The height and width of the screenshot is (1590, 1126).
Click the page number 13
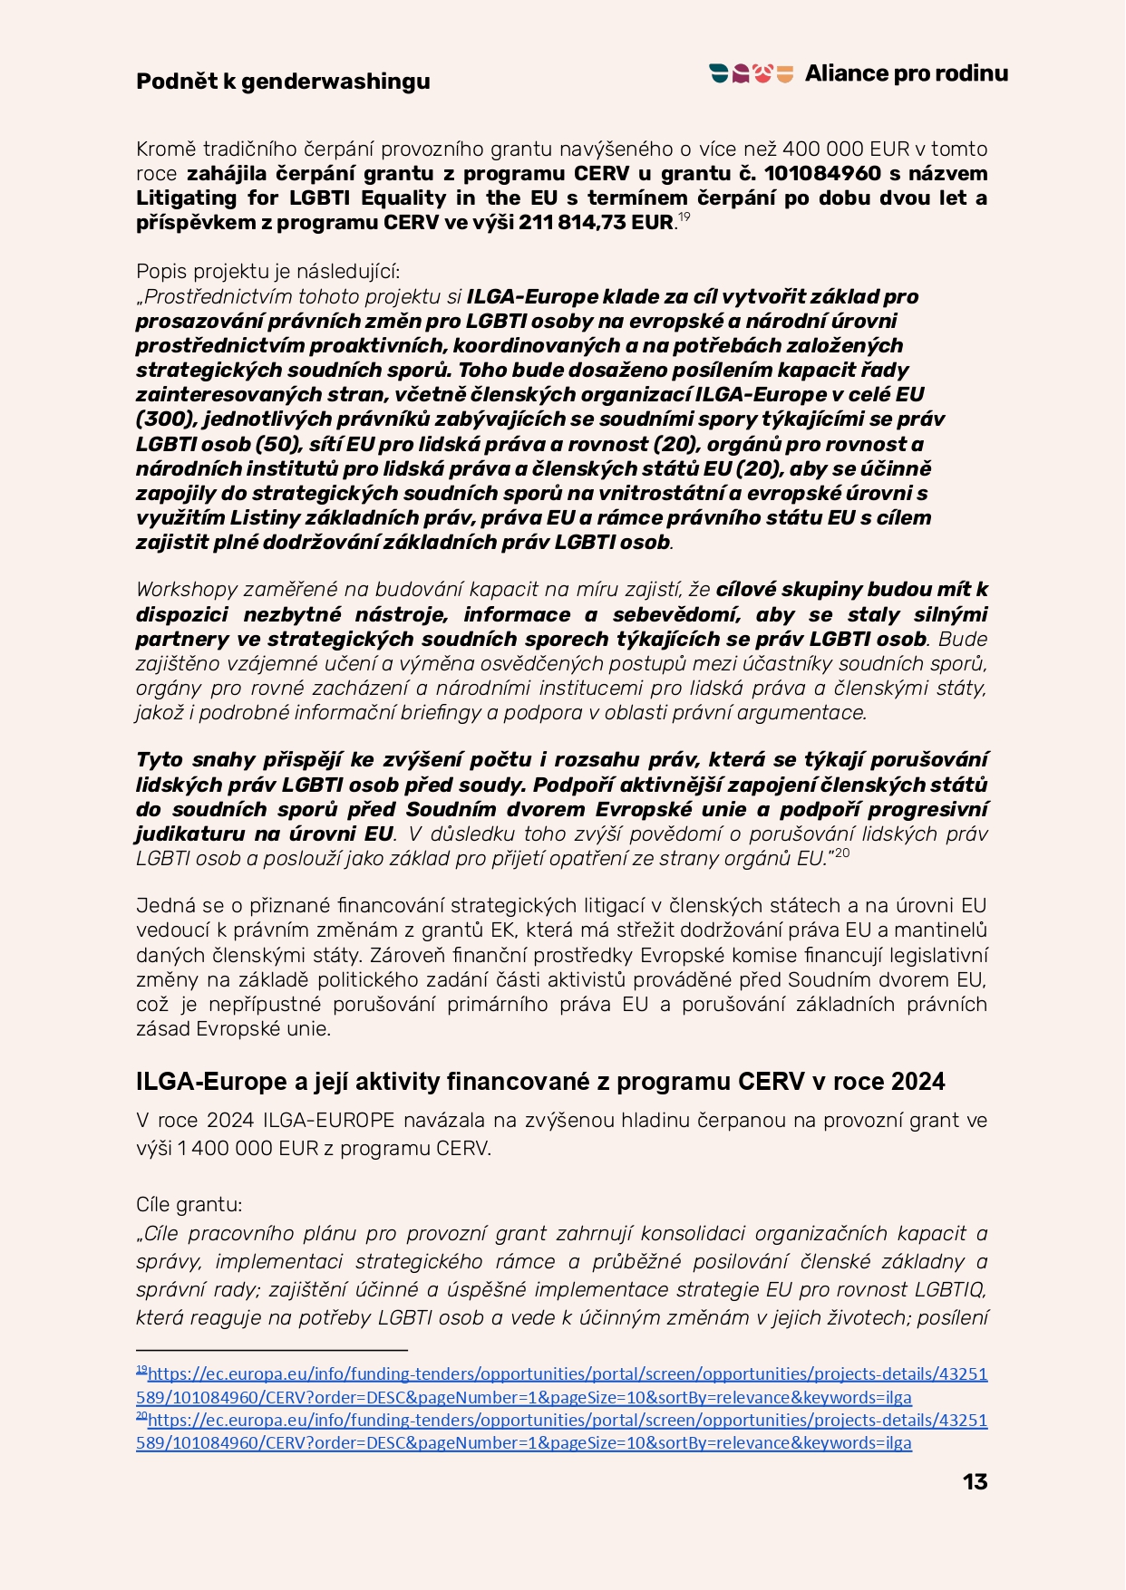coord(975,1481)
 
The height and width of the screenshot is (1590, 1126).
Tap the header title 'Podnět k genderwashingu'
coord(283,82)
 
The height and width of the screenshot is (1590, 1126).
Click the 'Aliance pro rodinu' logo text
coord(906,73)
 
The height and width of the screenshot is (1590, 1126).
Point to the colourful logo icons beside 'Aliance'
coord(752,74)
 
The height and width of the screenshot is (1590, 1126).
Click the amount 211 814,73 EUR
coord(596,223)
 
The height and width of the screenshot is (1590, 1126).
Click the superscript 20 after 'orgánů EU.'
coord(842,853)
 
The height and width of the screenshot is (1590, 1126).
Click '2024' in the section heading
coord(917,1082)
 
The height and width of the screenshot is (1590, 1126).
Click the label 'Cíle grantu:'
coord(189,1205)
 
